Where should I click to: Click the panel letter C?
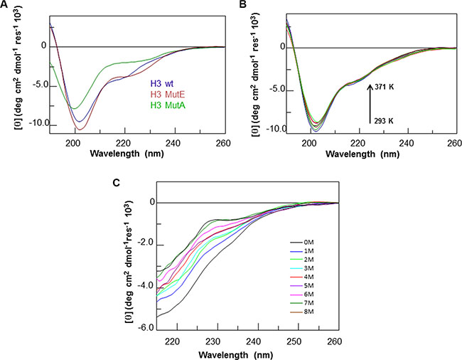click(116, 181)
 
